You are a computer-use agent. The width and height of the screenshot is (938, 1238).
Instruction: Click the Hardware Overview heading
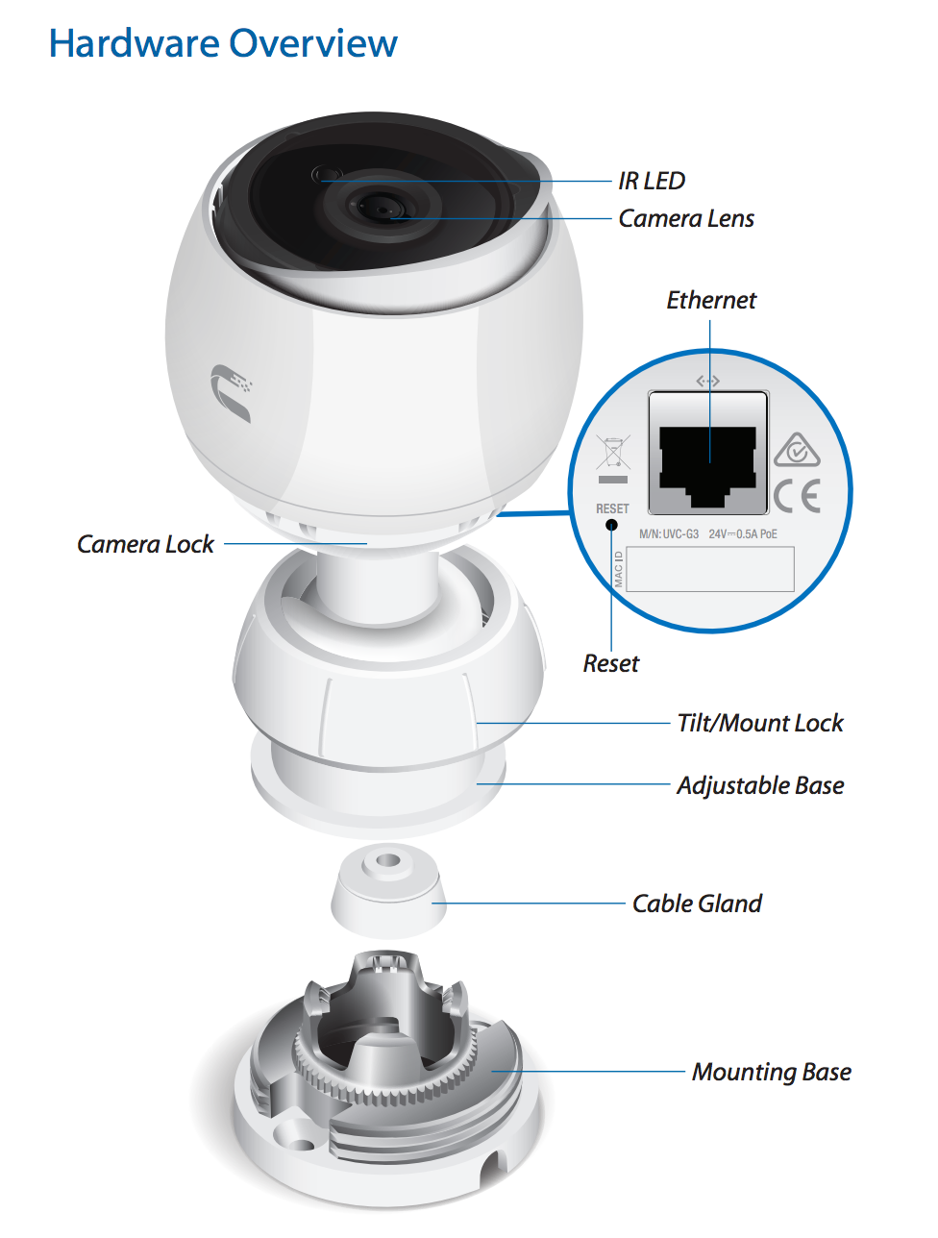coord(223,44)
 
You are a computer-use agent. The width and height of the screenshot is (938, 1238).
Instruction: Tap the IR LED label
coord(652,181)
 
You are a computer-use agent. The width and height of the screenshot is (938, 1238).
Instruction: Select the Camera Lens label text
coord(686,219)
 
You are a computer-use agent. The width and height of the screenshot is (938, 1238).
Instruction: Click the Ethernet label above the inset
coord(711,301)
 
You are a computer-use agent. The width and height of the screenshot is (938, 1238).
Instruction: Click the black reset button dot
coord(611,524)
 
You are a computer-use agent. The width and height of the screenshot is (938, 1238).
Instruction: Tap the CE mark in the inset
coord(798,496)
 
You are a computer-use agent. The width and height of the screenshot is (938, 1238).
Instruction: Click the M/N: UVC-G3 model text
coord(669,534)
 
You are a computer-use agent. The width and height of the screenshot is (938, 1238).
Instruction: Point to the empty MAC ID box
coord(710,569)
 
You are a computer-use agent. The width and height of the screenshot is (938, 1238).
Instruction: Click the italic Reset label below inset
coord(610,664)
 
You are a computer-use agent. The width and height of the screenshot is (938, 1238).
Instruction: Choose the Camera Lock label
coord(145,545)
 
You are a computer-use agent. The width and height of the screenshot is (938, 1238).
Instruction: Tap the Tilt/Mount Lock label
coord(760,724)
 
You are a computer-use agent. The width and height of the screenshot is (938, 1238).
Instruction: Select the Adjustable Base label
coord(760,786)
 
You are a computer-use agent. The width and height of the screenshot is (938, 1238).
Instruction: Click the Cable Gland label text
coord(697,904)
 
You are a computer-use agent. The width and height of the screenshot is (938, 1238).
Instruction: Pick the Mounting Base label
coord(772,1073)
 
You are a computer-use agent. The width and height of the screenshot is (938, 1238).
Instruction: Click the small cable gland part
coord(388,891)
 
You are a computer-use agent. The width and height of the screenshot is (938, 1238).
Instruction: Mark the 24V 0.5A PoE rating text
coord(743,534)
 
